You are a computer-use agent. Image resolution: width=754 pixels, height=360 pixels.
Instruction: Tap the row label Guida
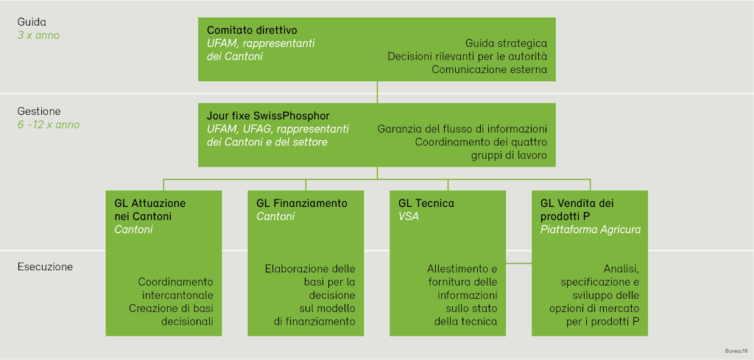(32, 22)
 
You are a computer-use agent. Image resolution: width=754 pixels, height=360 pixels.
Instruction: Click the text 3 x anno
(38, 35)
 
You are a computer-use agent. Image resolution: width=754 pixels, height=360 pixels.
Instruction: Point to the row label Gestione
(39, 111)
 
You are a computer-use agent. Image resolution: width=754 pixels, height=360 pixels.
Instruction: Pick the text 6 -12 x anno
(49, 124)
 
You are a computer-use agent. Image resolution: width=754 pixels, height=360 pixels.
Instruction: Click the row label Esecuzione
(45, 267)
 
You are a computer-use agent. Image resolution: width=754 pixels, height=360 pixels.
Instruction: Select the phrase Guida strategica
(507, 43)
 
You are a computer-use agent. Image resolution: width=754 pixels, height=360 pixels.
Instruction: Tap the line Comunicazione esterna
(490, 69)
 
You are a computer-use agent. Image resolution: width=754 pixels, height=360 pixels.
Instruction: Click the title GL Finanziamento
(302, 203)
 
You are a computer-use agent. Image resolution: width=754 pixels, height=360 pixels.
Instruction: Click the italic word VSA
(409, 216)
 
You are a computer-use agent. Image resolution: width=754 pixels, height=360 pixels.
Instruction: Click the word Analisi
(623, 268)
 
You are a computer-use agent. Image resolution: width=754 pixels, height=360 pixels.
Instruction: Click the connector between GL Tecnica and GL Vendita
(519, 264)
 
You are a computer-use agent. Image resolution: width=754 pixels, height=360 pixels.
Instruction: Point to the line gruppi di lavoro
(510, 156)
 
